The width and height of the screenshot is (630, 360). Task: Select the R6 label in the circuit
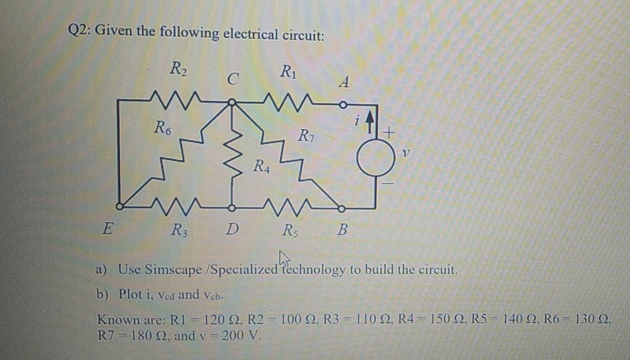162,129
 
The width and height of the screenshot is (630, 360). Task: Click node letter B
342,228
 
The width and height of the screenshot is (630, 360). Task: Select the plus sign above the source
389,131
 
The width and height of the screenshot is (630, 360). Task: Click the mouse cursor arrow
284,258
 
